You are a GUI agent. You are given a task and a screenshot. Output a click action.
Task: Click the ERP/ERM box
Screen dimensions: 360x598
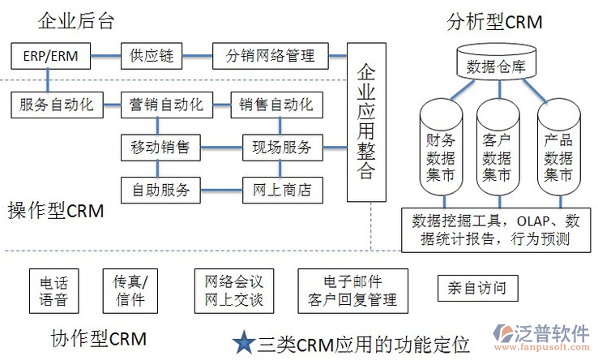click(47, 57)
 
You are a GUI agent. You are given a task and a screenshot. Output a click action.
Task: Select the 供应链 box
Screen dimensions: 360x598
click(148, 57)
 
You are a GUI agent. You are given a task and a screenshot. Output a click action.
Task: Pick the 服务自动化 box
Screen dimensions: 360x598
click(57, 104)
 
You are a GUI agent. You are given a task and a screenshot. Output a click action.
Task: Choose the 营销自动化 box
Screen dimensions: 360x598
click(166, 104)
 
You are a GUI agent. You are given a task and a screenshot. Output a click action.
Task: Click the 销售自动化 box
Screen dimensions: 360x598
click(276, 104)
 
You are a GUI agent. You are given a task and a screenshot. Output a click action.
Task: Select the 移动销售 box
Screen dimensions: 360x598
click(160, 147)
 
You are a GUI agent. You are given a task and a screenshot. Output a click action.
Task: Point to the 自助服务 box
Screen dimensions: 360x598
click(160, 190)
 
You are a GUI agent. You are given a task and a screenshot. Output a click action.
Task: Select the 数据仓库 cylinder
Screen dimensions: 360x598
click(497, 63)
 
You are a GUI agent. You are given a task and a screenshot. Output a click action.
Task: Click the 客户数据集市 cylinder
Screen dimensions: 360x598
click(497, 150)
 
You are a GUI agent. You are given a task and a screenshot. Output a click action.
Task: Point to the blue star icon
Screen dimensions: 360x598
click(243, 342)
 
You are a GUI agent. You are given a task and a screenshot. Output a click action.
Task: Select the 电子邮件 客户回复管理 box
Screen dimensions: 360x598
click(352, 292)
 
